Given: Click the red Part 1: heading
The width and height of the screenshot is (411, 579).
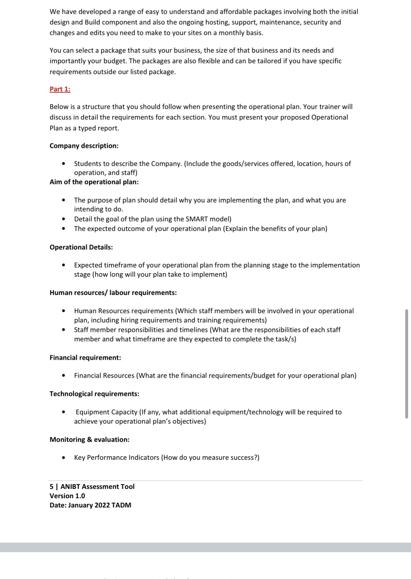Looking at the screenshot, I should tap(60, 89).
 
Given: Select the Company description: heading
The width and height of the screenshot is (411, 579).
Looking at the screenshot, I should tap(84, 146).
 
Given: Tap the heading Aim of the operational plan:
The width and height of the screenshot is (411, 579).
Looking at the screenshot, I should tap(94, 182).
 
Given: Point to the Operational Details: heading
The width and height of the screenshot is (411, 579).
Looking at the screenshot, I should tap(81, 247).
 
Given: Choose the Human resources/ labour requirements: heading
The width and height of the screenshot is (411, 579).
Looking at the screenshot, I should tap(113, 293).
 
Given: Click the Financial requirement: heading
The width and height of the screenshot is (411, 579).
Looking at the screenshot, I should tap(85, 358).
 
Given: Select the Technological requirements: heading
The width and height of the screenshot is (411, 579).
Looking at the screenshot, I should tap(94, 394).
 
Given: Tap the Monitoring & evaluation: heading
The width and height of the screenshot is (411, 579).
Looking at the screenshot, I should tap(89, 439).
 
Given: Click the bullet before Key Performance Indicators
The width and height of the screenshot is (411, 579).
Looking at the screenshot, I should tap(64, 458).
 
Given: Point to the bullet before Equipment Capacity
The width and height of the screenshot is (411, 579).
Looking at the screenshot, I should tap(64, 412).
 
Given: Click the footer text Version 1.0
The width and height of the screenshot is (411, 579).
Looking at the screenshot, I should tap(67, 496).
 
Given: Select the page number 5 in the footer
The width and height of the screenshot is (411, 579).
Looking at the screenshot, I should tap(52, 486).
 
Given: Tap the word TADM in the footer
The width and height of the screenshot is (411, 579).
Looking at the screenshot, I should tap(121, 505).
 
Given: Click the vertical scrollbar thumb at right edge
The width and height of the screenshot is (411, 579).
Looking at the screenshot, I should tap(407, 364).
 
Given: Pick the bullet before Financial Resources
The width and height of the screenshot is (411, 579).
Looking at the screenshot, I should tap(64, 375).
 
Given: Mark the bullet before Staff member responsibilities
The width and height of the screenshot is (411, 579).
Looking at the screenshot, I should tap(64, 329).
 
